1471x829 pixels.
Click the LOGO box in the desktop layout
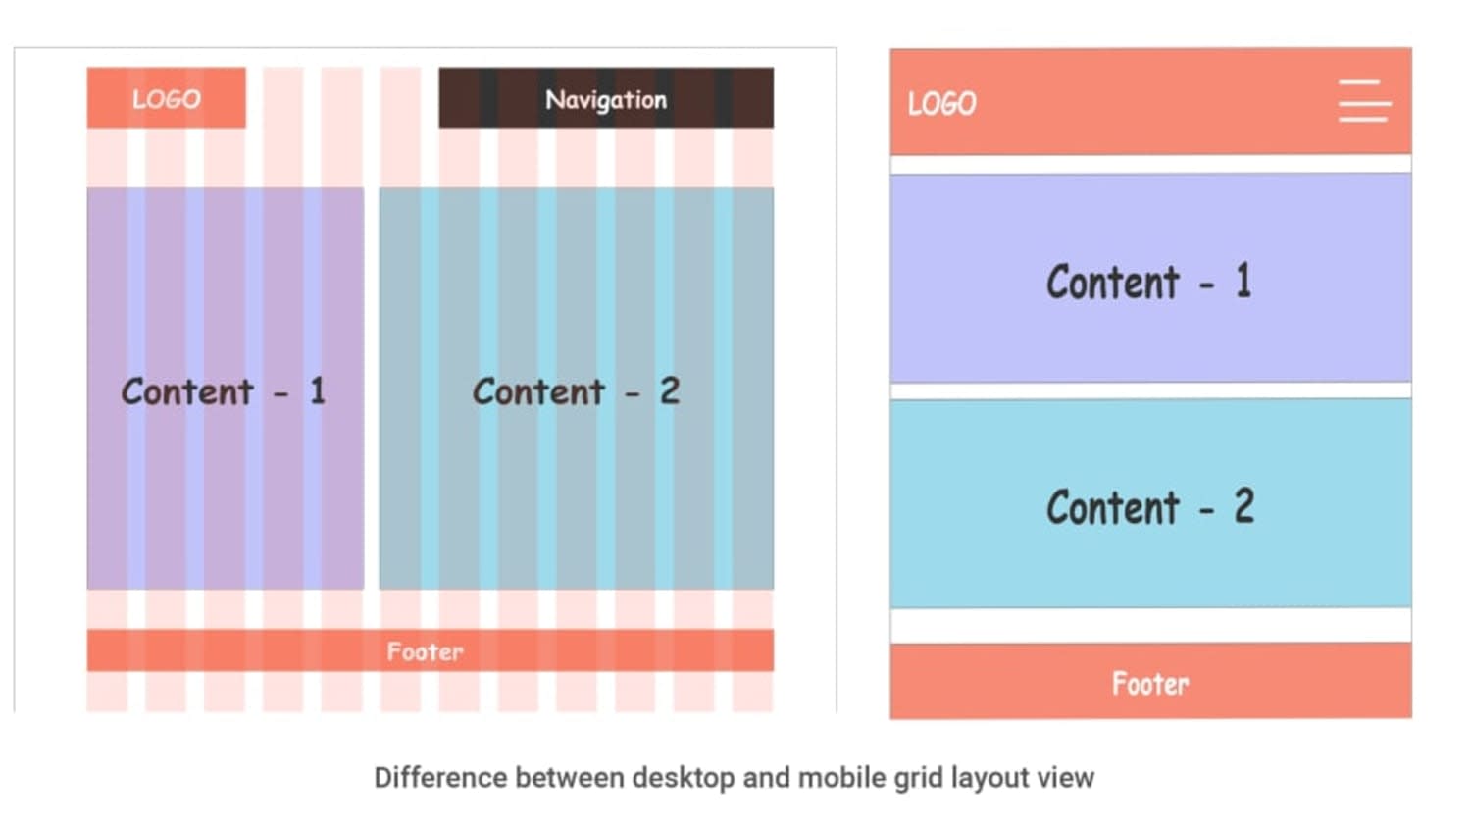coord(167,97)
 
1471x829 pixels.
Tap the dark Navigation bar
coord(606,97)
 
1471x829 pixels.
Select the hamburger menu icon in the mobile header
coord(1364,101)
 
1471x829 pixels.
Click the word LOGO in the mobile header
coord(941,104)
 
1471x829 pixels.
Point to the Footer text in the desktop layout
coord(425,651)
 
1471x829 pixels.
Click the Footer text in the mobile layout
coord(1150,684)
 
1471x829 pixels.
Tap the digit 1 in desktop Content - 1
coord(318,390)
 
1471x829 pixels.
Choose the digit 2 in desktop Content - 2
coord(670,390)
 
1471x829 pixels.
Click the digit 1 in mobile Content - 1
coord(1243,281)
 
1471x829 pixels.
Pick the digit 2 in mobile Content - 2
coord(1244,506)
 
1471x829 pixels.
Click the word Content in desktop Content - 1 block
coord(187,391)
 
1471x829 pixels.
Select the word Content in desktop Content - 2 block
coord(538,391)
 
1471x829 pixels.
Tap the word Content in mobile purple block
coord(1113,282)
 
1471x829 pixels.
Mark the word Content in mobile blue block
coord(1113,507)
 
